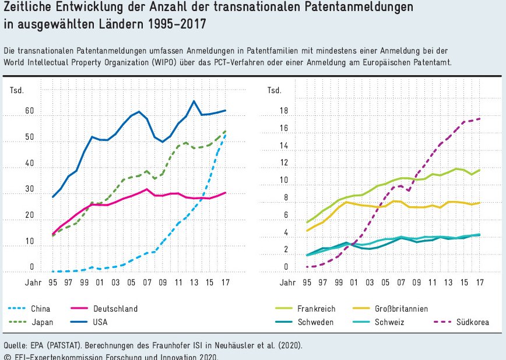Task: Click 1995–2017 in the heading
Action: coord(176,26)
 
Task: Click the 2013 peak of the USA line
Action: coord(194,101)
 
